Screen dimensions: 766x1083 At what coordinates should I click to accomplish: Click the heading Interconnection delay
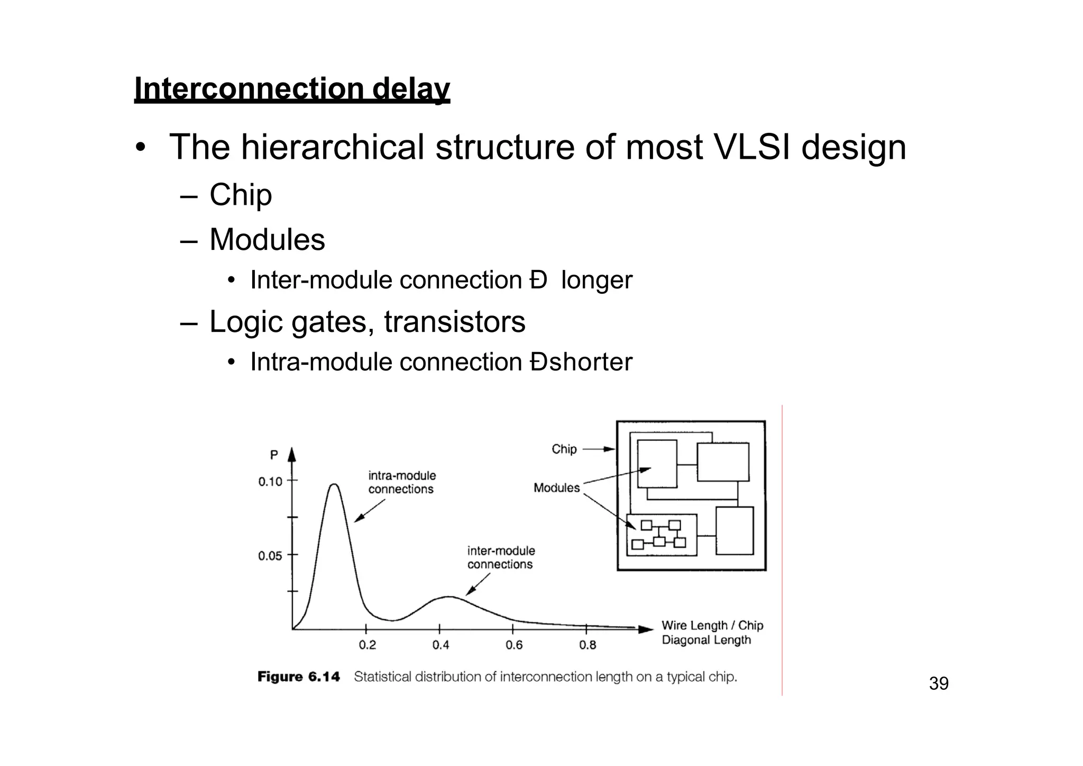[292, 89]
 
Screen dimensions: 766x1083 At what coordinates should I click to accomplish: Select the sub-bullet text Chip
[241, 195]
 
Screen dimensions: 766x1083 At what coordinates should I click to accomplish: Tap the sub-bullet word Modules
[267, 239]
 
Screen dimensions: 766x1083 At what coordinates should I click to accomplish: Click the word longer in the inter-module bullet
[596, 280]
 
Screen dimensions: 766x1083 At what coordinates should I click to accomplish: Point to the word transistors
[454, 321]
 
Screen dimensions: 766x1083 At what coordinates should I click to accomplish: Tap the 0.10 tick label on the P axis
[270, 481]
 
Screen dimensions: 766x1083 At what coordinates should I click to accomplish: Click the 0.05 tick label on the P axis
[270, 556]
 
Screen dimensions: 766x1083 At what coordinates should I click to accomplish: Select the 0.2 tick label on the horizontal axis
[367, 645]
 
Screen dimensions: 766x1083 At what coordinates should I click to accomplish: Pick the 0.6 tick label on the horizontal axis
[513, 645]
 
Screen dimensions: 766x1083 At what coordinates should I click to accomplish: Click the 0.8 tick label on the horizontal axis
[587, 645]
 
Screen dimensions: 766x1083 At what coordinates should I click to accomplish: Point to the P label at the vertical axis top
[274, 455]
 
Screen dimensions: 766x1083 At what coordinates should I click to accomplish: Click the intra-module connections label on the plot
[401, 482]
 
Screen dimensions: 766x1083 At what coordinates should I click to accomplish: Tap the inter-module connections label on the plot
[500, 557]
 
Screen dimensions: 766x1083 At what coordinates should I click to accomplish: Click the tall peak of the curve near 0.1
[334, 485]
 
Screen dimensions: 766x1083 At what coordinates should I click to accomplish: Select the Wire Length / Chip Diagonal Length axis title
[712, 633]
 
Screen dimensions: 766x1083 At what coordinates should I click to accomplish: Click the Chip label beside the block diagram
[564, 449]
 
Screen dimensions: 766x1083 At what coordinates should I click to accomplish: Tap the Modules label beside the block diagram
[556, 488]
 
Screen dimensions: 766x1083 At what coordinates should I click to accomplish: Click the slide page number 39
[939, 683]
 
